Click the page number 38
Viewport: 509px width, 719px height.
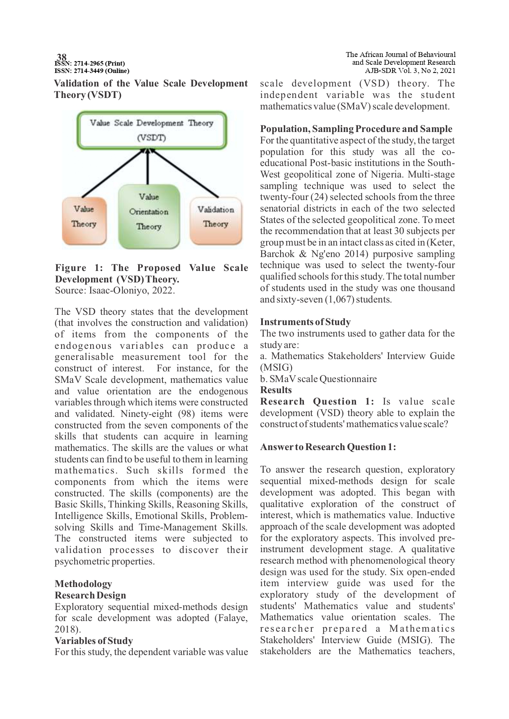click(62, 57)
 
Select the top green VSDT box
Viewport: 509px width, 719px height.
click(152, 130)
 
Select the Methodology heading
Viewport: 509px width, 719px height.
click(83, 584)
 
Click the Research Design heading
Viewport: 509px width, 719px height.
click(90, 595)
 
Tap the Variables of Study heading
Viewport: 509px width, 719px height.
click(94, 641)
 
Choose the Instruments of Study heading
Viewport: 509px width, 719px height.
click(305, 322)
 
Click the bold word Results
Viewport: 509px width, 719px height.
click(276, 390)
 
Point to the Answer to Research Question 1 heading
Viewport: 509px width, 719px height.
click(328, 447)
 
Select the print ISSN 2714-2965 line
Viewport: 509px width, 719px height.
click(90, 64)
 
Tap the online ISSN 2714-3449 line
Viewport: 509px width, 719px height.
click(92, 71)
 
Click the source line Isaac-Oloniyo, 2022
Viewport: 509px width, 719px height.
click(115, 291)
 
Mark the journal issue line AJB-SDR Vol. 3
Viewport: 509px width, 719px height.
click(410, 71)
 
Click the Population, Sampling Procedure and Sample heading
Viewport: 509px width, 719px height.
click(356, 129)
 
